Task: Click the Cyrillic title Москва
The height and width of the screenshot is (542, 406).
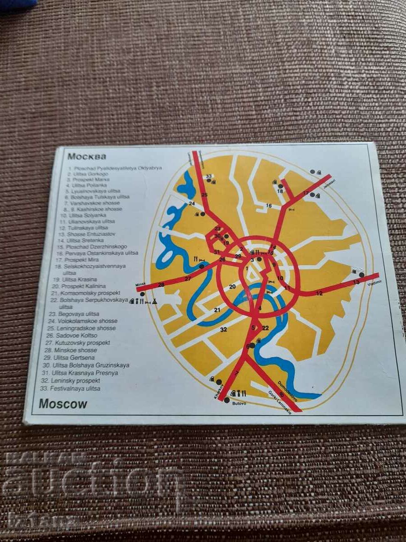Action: tap(87, 157)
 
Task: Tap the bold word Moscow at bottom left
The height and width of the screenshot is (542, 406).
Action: tap(63, 403)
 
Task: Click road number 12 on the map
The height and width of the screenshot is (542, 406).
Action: tap(319, 294)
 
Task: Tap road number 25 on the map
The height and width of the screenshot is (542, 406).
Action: tap(204, 195)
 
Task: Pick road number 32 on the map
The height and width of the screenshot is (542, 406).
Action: tap(223, 330)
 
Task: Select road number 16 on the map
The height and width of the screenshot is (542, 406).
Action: tap(269, 206)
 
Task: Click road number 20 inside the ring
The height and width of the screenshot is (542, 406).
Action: tap(232, 286)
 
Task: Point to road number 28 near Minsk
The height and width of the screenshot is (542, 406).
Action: tap(161, 284)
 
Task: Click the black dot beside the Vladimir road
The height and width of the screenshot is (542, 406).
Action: tap(362, 274)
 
